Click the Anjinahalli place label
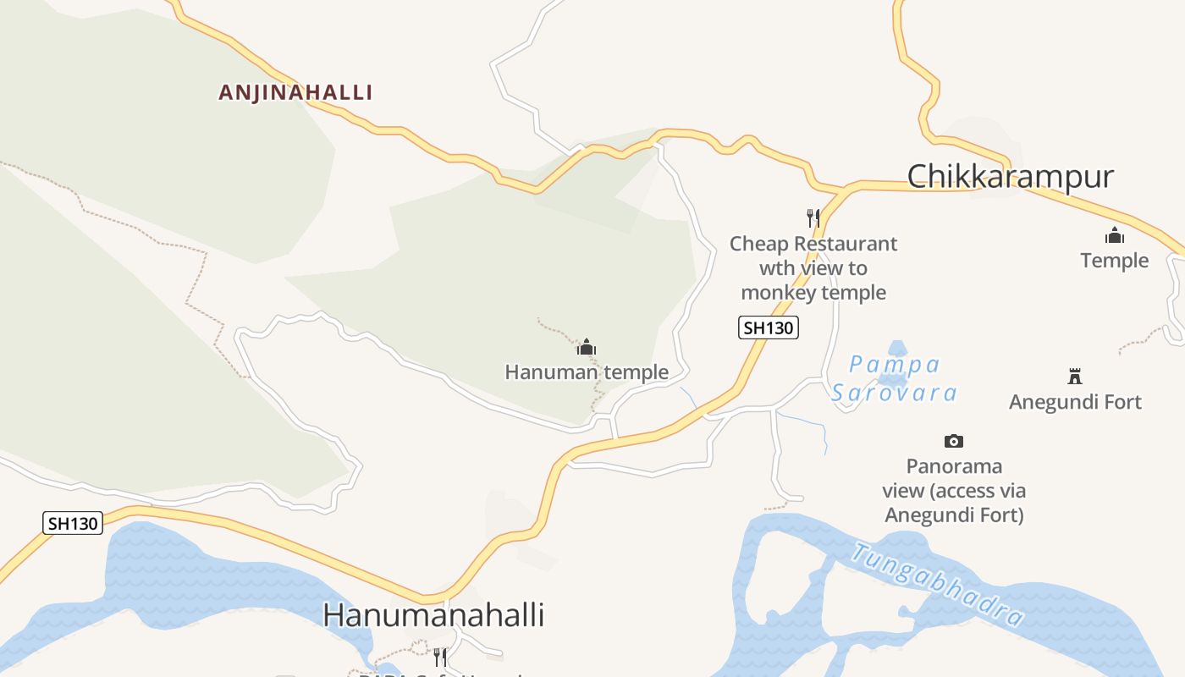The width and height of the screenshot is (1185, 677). tap(295, 92)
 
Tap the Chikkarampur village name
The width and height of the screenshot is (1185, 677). tap(1010, 177)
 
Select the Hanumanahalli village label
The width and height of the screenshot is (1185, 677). tap(433, 615)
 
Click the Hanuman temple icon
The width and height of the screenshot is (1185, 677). tap(587, 347)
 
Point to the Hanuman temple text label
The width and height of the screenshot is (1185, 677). tap(587, 372)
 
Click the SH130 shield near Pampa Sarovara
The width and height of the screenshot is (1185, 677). tap(769, 327)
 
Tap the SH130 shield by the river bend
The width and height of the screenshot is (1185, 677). tap(73, 523)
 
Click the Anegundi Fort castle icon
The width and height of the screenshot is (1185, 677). tap(1075, 377)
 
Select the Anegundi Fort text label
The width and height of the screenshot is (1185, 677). tap(1075, 402)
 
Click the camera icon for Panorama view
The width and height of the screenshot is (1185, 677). tap(954, 441)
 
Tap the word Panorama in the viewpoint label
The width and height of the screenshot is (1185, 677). tap(954, 466)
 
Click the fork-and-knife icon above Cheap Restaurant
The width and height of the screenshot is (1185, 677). tap(813, 218)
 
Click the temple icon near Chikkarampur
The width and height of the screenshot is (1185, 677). tap(1114, 236)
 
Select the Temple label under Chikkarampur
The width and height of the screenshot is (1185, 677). tap(1114, 261)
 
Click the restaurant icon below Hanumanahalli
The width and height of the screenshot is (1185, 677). tap(440, 657)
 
